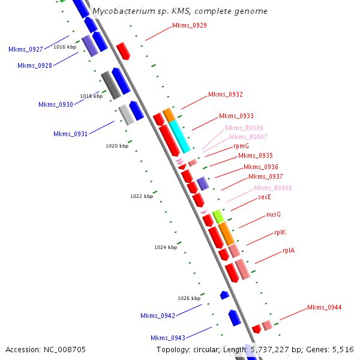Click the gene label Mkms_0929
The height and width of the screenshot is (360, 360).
pos(190,25)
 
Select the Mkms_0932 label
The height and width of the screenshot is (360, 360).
pos(226,95)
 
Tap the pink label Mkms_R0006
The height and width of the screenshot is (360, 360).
pos(244,128)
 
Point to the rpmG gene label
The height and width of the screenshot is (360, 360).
pos(241,146)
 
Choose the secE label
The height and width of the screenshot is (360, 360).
pos(265,197)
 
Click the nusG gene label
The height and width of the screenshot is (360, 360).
pos(274,214)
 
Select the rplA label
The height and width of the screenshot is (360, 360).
pos(289,251)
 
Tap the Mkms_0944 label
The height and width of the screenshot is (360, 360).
pos(325,307)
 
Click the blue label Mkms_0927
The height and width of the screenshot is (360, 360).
pos(26,50)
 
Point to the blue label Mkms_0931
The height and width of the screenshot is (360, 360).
pos(71,134)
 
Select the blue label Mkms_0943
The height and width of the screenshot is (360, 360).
pos(168,338)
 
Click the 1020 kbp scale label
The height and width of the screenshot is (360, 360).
pos(117,146)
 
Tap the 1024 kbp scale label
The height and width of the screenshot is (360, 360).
pos(166,247)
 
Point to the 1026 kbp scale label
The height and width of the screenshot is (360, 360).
pos(189,298)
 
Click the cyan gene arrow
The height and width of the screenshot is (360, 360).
pos(180,137)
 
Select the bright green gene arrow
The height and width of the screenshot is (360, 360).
pos(218,216)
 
